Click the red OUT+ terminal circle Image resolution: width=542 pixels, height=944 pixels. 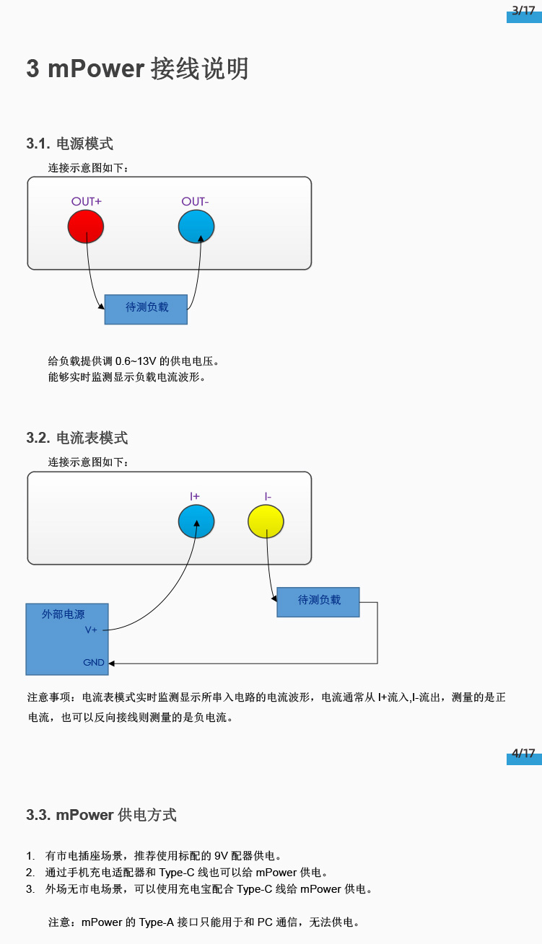86,226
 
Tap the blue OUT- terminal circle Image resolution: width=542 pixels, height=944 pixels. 196,226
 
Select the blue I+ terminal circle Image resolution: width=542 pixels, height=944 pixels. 196,521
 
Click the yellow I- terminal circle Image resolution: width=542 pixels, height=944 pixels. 266,521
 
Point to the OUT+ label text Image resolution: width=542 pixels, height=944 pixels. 86,201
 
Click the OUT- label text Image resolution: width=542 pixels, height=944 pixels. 196,201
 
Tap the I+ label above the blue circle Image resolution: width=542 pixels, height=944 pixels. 195,496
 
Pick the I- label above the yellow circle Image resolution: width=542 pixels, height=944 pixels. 268,496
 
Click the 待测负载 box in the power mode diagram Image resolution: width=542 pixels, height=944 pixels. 147,309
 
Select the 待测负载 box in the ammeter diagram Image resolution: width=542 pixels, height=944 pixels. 318,601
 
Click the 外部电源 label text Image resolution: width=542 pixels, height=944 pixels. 63,614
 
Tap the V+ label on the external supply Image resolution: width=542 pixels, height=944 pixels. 91,630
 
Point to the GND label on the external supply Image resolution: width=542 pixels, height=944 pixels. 94,662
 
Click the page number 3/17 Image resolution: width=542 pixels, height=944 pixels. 523,10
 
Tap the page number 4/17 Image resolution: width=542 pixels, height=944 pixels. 523,754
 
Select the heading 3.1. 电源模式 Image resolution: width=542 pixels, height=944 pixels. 70,144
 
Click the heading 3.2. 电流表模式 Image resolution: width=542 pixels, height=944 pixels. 77,438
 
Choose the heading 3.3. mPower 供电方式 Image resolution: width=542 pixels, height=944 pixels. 102,815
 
